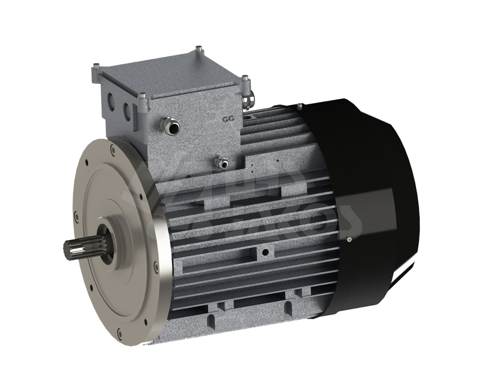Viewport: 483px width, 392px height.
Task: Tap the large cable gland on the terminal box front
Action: point(170,125)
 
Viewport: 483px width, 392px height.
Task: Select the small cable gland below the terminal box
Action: point(222,162)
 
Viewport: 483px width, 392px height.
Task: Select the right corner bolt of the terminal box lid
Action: point(244,78)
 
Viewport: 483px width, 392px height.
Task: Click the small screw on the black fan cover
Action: point(350,239)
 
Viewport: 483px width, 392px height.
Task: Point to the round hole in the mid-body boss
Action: point(264,248)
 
